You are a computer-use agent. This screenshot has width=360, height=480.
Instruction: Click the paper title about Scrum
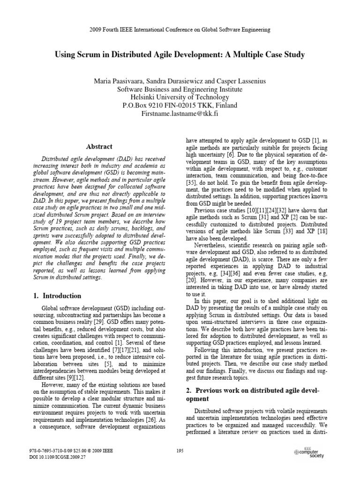(180, 55)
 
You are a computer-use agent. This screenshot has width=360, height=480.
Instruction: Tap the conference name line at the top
(180, 30)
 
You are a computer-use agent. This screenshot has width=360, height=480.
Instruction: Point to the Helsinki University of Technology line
(180, 97)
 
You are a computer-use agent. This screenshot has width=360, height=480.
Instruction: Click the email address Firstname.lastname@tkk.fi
(180, 114)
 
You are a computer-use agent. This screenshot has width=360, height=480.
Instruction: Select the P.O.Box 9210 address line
(180, 105)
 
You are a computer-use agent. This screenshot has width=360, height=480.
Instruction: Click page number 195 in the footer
(180, 450)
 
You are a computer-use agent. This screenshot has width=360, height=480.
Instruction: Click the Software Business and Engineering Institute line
(180, 89)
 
